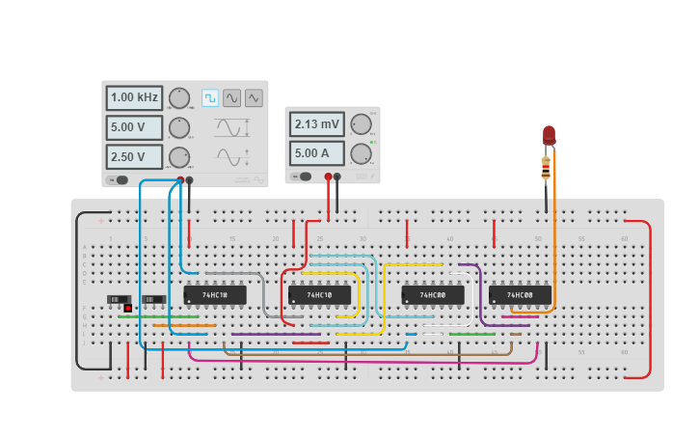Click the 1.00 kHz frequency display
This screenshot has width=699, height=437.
(x=134, y=97)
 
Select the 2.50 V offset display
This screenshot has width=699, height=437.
(x=134, y=156)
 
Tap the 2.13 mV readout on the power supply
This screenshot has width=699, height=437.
(x=316, y=123)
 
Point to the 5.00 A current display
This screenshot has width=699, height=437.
(x=316, y=152)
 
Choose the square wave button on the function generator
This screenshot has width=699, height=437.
(x=209, y=97)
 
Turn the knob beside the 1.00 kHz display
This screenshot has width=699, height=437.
(x=179, y=97)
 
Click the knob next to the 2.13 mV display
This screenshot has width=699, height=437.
(x=361, y=123)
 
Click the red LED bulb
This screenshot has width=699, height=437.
(x=549, y=134)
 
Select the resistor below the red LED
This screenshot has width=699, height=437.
(x=546, y=169)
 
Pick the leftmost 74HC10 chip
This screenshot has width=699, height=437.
(x=214, y=294)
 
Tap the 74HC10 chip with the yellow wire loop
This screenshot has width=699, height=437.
(x=319, y=294)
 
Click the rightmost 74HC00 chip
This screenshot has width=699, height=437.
(x=520, y=294)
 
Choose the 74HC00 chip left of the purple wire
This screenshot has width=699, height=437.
(x=432, y=294)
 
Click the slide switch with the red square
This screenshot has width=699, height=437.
(x=120, y=301)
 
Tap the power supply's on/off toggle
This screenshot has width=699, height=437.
(x=305, y=177)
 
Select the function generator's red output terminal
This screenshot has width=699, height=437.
(x=180, y=179)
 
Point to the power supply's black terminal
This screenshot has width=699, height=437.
(x=336, y=177)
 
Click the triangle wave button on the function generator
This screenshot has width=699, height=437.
(x=254, y=97)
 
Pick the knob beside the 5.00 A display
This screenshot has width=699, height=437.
(x=361, y=152)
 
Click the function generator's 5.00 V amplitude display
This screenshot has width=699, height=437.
(x=134, y=127)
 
